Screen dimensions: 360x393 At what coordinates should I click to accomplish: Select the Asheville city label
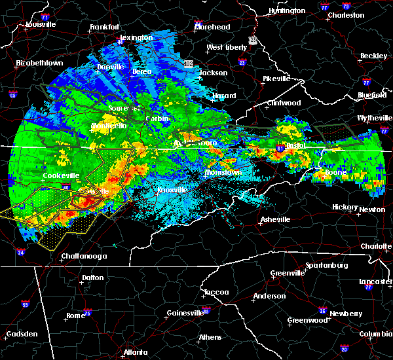[x=275, y=219]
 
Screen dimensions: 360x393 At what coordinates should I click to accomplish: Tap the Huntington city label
[x=287, y=10]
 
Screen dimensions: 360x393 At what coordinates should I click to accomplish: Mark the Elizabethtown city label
[x=39, y=63]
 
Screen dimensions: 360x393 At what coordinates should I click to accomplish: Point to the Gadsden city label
[x=21, y=334]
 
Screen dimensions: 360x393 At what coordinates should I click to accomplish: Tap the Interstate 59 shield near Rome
[x=26, y=304]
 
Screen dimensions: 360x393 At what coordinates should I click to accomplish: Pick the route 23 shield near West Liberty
[x=252, y=41]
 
